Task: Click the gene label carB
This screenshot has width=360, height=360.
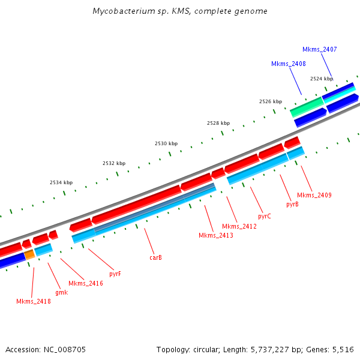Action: click(155, 257)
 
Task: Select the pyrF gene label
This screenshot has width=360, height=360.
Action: click(115, 274)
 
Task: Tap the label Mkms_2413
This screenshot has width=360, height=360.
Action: click(216, 235)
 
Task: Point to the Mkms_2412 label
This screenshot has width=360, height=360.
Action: click(239, 226)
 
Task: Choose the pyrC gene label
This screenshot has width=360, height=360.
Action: click(265, 215)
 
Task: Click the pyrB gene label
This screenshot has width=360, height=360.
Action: click(292, 204)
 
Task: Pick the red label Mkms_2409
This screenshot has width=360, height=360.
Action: click(314, 195)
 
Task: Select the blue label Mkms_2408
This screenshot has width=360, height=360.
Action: click(289, 64)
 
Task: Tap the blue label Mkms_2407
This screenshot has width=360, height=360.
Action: click(320, 49)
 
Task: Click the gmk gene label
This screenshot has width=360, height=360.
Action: click(61, 292)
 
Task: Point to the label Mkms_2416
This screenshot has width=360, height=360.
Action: click(86, 283)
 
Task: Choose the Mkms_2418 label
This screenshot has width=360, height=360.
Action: click(34, 301)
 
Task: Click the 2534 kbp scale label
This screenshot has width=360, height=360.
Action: click(61, 182)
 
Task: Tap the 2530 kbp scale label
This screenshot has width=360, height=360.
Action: click(166, 143)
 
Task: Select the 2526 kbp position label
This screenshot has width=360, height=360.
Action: click(271, 101)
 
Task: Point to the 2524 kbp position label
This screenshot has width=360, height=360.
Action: click(322, 79)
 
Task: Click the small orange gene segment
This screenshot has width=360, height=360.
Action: click(29, 254)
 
